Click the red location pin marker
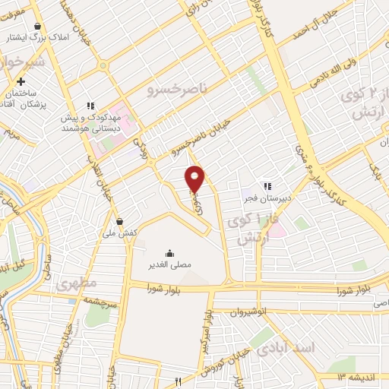pyautogui.click(x=196, y=179)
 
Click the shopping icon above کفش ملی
pyautogui.click(x=120, y=222)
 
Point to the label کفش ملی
pyautogui.click(x=120, y=235)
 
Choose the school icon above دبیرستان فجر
pyautogui.click(x=267, y=185)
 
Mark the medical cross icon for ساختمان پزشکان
pyautogui.click(x=21, y=81)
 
